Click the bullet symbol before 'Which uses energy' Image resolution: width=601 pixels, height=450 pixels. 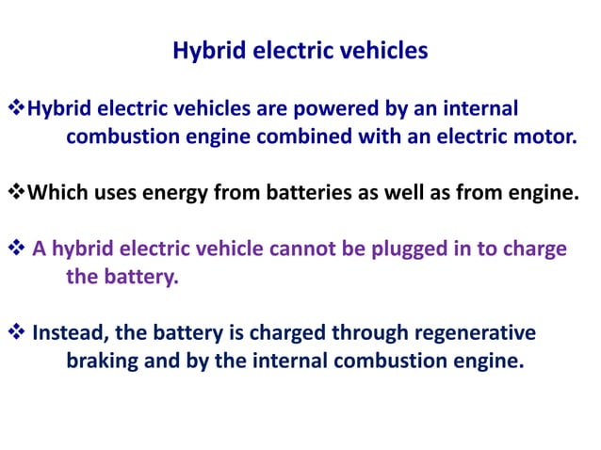16,195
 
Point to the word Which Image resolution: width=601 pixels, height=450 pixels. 57,195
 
